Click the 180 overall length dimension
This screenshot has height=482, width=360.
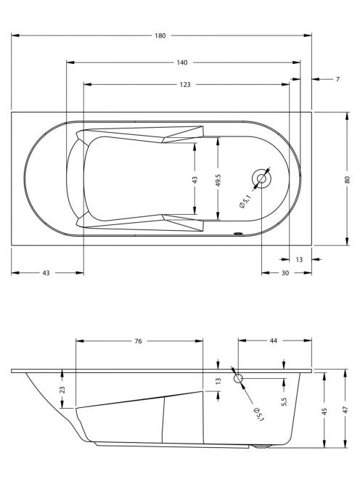tap(160, 36)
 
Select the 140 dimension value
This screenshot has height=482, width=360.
tap(182, 62)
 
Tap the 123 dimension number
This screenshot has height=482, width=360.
tap(185, 84)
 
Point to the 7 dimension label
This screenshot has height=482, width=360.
tap(337, 79)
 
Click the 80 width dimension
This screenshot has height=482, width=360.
tap(348, 179)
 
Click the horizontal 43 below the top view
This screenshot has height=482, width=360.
tap(46, 273)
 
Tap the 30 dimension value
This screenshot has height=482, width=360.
tap(285, 273)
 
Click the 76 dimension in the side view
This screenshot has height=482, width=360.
tap(138, 341)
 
